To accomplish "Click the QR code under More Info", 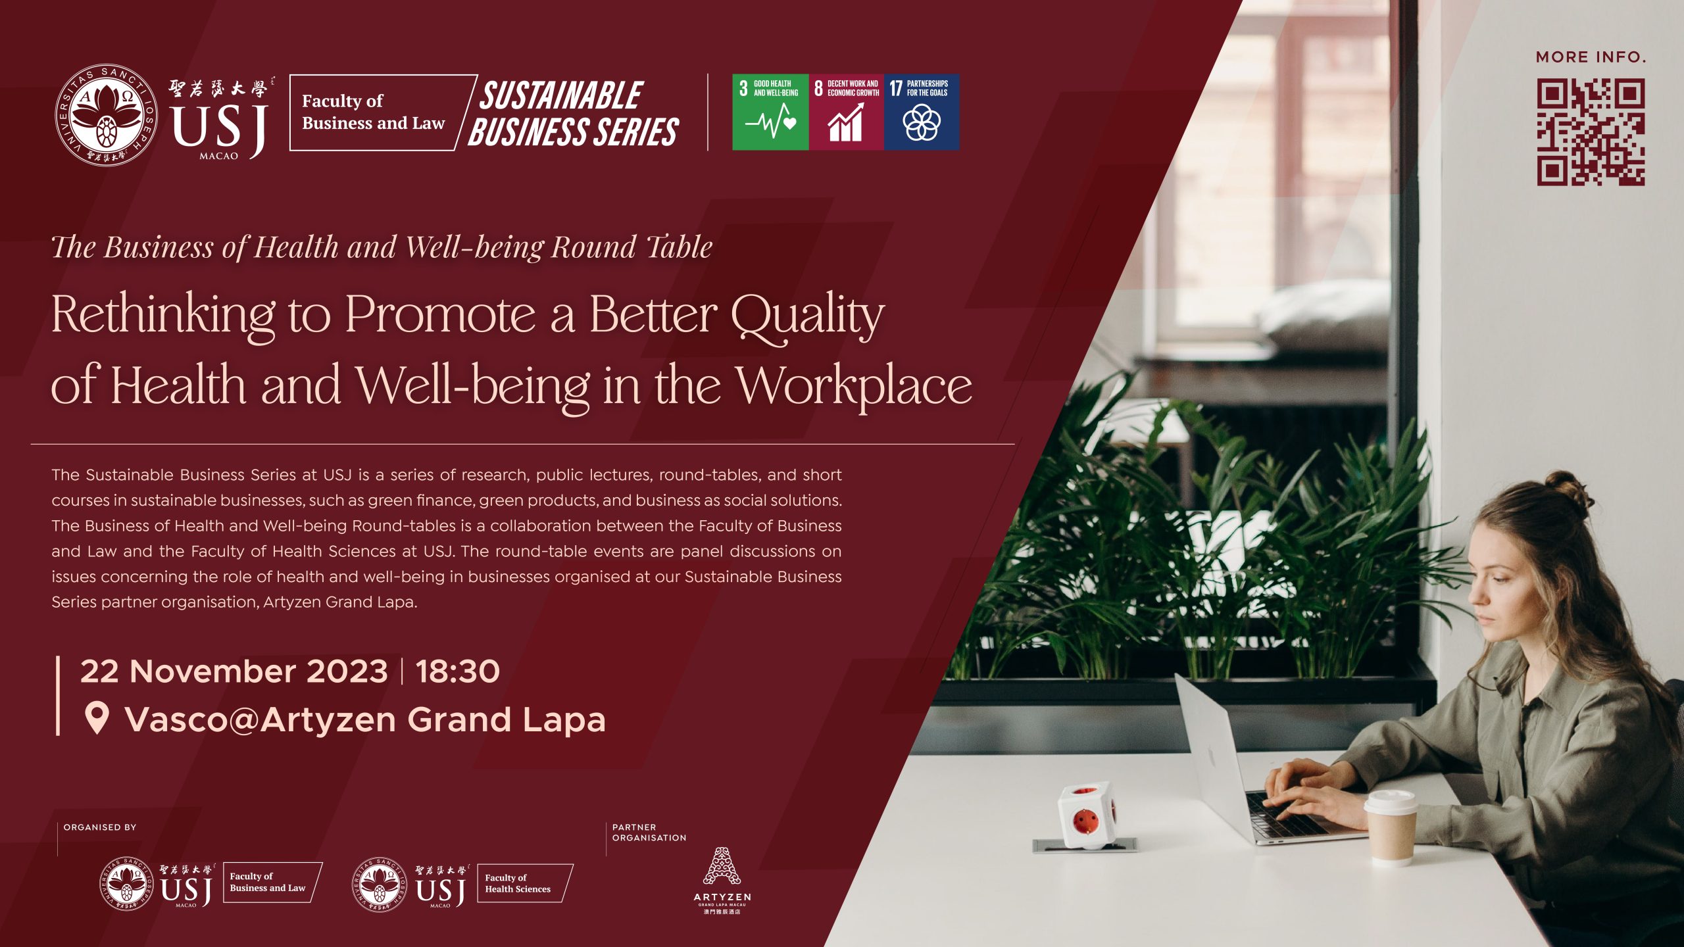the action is click(1591, 132).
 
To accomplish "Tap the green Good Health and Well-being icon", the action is click(770, 112).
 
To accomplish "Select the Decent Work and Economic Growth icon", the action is click(846, 112).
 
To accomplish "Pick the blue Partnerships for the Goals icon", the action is click(922, 112).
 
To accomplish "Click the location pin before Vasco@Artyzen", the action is click(97, 717).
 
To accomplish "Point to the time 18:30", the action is click(458, 671).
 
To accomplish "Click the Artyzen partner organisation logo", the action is click(722, 880).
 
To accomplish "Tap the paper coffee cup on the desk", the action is click(1391, 827).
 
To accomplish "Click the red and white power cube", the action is click(1086, 813).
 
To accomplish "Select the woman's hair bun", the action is click(1574, 487).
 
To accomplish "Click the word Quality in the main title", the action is click(808, 316).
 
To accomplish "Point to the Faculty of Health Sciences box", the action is click(525, 883).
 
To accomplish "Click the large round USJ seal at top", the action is click(106, 115).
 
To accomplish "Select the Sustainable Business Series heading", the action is click(573, 114).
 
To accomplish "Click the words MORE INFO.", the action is click(1591, 57).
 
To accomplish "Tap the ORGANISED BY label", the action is click(100, 827).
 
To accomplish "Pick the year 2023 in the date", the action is click(347, 671).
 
